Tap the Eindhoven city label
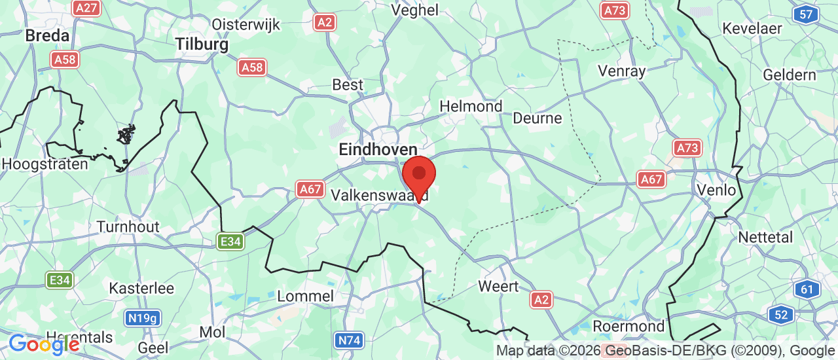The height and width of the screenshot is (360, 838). click(378, 150)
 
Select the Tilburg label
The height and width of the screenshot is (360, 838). click(202, 45)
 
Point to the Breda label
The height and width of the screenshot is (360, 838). click(47, 35)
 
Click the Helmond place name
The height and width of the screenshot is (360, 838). click(471, 106)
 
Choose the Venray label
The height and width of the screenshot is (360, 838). click(622, 71)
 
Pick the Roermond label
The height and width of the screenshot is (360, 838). click(628, 326)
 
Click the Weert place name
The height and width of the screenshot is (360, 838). click(498, 287)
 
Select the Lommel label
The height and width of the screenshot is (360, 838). click(306, 296)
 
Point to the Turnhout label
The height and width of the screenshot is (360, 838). click(128, 227)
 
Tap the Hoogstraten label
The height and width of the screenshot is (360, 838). click(45, 164)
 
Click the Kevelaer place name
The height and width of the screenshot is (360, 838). click(752, 29)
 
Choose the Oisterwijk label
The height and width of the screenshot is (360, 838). click(246, 25)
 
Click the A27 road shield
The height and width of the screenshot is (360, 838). click(86, 8)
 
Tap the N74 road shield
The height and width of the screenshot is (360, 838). click(349, 340)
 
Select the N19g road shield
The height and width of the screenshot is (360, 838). click(143, 319)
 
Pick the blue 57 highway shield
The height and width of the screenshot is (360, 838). click(806, 14)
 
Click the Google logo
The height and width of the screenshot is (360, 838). click(43, 344)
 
